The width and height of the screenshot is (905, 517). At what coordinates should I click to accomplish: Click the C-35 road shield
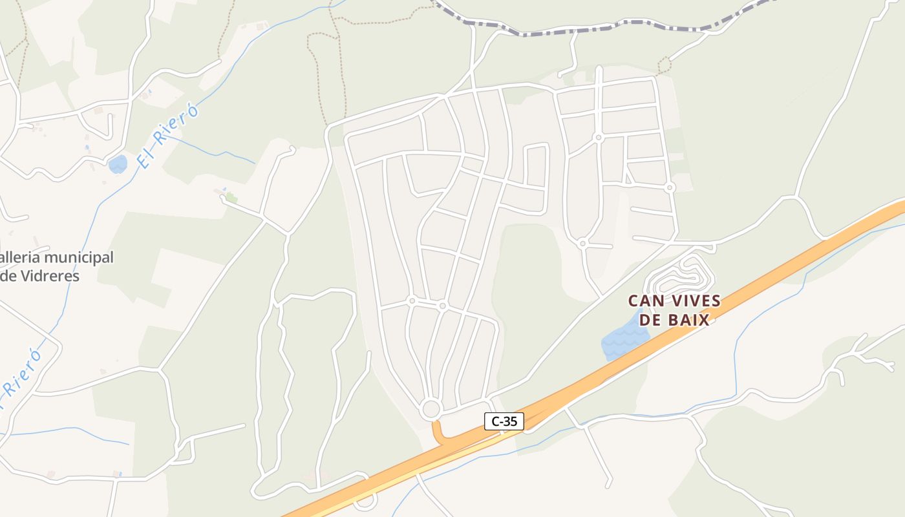click(504, 421)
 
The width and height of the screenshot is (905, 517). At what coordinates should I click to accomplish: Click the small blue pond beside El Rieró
click(118, 164)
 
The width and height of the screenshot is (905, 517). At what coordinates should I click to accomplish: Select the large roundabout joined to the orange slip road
click(431, 409)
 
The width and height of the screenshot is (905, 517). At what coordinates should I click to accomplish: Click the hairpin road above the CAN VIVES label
click(682, 275)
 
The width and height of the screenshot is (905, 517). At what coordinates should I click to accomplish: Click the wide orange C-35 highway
click(776, 271)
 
